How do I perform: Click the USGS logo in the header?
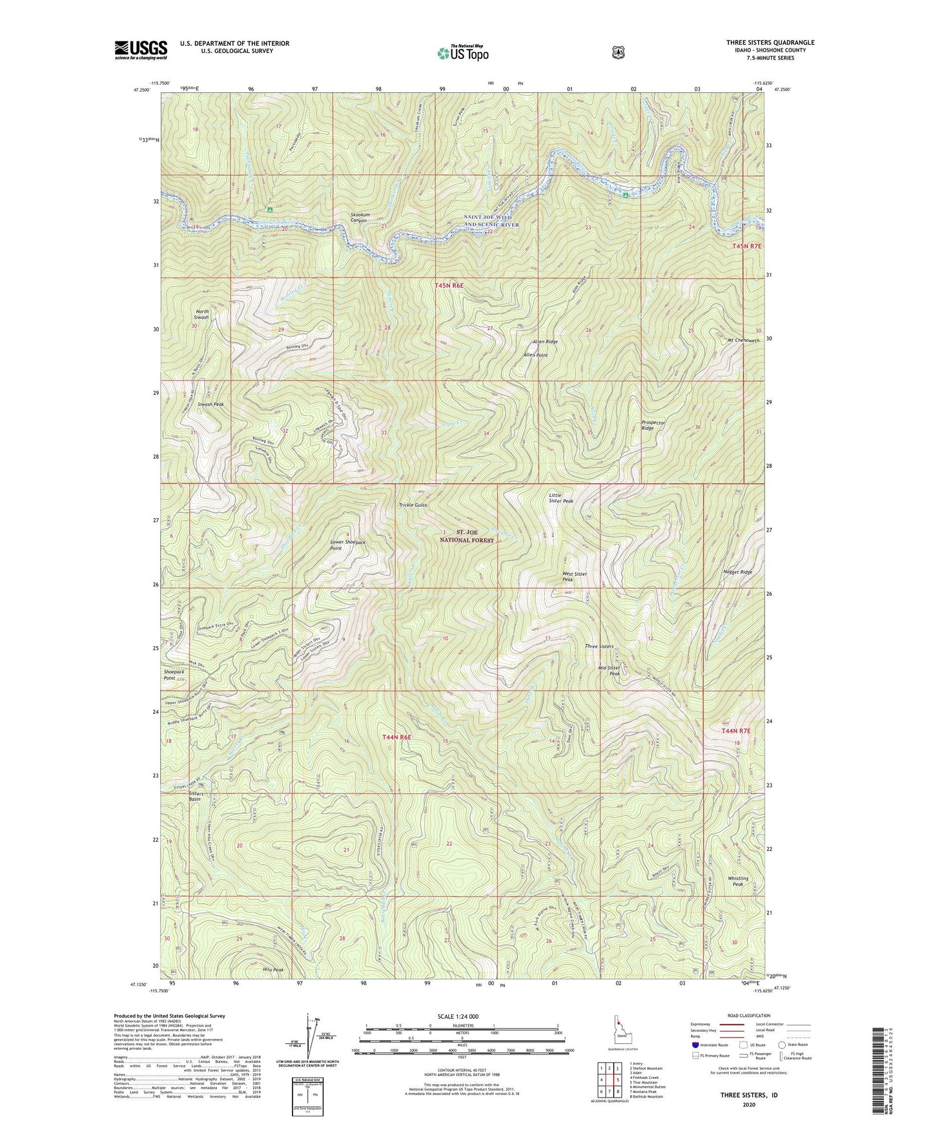(141, 50)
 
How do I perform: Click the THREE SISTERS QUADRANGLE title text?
(770, 43)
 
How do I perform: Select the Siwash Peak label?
(210, 404)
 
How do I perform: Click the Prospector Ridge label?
(653, 425)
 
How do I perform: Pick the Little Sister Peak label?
(560, 497)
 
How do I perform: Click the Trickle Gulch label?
(413, 505)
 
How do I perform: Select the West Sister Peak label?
(575, 576)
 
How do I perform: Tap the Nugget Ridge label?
(737, 572)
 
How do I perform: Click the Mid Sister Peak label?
(609, 670)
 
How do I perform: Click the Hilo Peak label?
(273, 970)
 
